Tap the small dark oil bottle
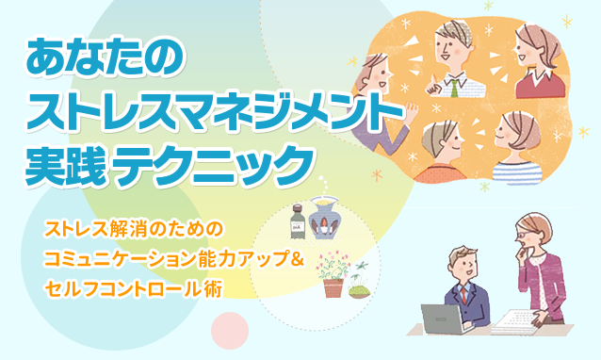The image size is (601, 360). [x=298, y=221]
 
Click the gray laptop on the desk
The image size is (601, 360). [x=444, y=319]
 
